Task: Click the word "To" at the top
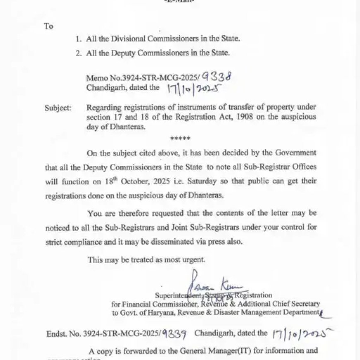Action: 49,26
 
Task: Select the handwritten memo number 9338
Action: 217,76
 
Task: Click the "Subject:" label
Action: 58,108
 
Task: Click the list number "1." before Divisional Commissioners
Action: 79,39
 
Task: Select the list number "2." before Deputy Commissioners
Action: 79,53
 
